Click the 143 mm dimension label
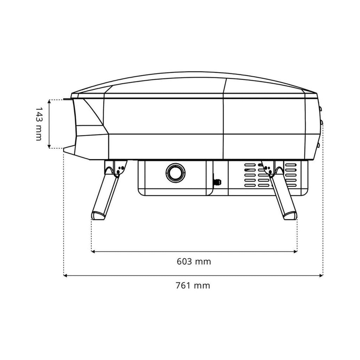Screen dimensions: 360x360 tap(39, 124)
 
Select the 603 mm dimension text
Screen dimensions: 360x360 tap(194, 262)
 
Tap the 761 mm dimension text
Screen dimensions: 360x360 tap(193, 285)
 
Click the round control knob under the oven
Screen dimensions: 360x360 tap(175, 173)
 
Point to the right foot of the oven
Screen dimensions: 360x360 tap(290, 215)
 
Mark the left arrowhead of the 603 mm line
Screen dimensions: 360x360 tap(93, 252)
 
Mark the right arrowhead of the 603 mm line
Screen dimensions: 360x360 tap(295, 252)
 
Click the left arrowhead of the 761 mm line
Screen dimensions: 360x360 tap(65, 276)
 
